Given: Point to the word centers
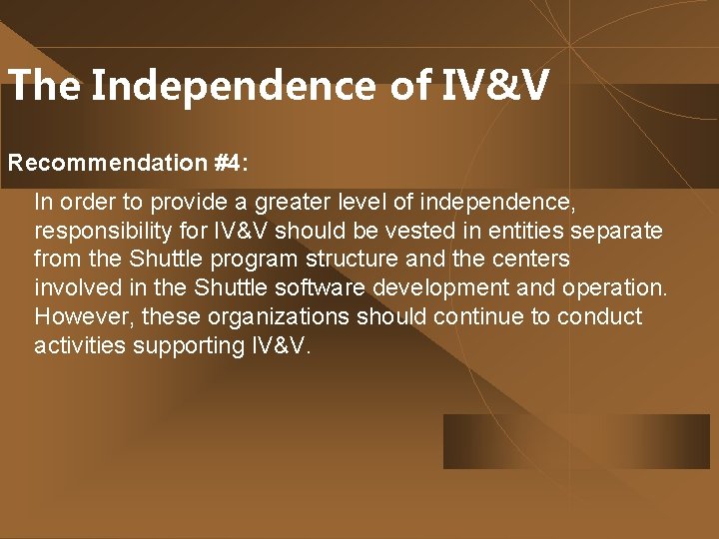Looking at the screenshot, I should coord(536,260).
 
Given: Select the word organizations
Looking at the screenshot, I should coord(248,317).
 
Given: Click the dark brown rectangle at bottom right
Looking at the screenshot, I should coord(576,441).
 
